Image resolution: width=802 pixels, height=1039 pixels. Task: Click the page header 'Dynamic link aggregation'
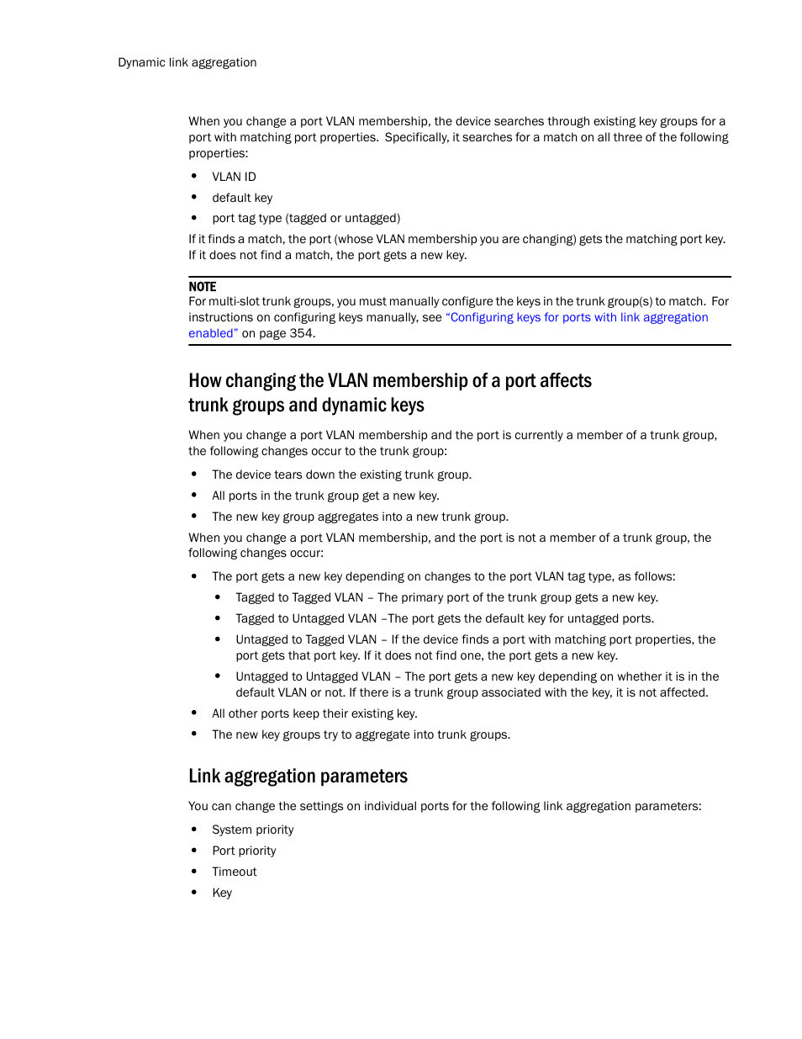point(187,62)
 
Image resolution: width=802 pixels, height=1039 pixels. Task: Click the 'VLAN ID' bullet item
point(234,177)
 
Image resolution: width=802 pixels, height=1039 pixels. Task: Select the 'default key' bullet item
point(242,198)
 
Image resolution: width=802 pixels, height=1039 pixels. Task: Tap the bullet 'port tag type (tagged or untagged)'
point(306,218)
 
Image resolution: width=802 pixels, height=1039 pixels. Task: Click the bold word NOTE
point(202,287)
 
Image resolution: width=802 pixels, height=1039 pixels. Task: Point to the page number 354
point(301,333)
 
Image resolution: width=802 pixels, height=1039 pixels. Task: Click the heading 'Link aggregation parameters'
point(298,776)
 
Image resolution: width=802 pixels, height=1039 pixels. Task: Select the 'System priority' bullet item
point(252,830)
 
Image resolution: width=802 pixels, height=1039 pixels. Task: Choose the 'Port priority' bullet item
point(244,851)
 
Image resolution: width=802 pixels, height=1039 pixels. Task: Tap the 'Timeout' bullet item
point(234,872)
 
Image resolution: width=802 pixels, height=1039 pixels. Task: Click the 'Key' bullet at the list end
point(222,893)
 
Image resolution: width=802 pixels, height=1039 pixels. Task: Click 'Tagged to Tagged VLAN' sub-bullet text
point(299,597)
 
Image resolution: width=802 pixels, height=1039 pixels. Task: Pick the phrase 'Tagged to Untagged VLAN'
point(306,618)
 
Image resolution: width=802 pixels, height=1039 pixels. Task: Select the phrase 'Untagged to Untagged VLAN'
point(313,676)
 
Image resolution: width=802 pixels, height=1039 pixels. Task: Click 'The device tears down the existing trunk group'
point(341,474)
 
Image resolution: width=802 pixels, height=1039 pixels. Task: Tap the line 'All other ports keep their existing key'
point(314,713)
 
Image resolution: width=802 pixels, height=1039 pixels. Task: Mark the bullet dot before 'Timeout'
point(194,871)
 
